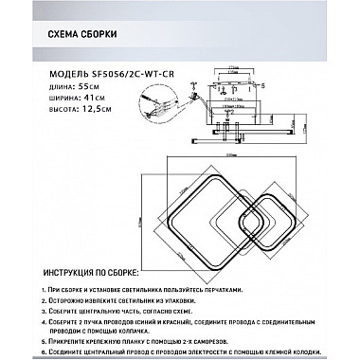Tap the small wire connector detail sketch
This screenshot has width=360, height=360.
click(x=151, y=98)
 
